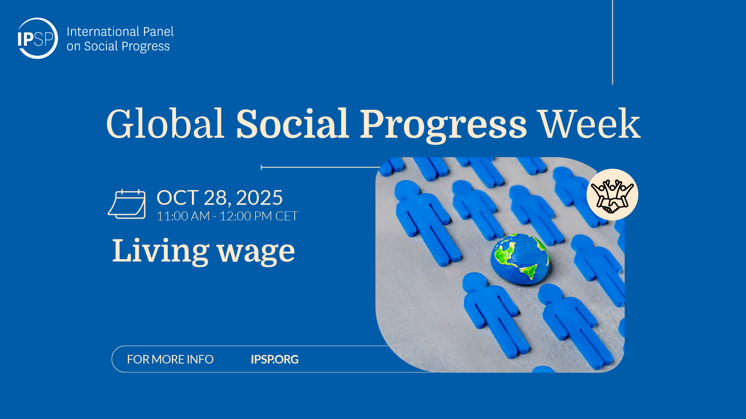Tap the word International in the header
[103, 31]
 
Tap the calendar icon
[127, 204]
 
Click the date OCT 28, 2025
[220, 198]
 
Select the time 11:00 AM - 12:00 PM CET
[227, 216]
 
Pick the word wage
[256, 253]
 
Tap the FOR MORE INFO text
[170, 360]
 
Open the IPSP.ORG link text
[275, 360]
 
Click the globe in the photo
[520, 259]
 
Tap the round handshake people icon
[612, 195]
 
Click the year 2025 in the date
[259, 198]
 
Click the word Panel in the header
[158, 31]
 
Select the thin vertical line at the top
[612, 42]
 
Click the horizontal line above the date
[321, 167]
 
